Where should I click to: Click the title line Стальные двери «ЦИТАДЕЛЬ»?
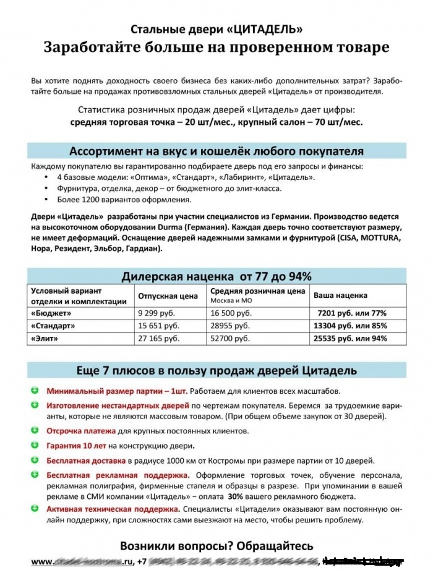coord(216,29)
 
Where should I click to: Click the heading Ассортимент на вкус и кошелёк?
coord(216,151)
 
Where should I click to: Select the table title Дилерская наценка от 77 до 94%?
coord(216,276)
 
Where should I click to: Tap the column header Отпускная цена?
coord(168,296)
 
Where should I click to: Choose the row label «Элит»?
coord(44,338)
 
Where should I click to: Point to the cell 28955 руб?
coord(230,325)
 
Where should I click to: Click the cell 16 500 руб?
coord(232,313)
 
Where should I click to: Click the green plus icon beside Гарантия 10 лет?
coord(35,445)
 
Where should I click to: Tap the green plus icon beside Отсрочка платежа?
coord(35,430)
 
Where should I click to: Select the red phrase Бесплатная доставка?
coord(86,461)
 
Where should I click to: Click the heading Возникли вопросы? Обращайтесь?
coord(216,547)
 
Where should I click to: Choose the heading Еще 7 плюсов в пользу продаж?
coord(216,370)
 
